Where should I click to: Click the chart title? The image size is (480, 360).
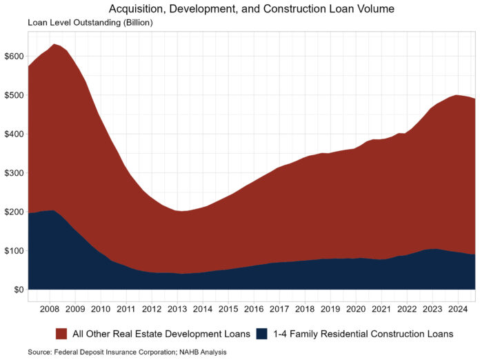pos(251,9)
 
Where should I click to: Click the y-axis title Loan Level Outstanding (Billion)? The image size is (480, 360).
pos(90,23)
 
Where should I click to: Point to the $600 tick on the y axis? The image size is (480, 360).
pos(14,56)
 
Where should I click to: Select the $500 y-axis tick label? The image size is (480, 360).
pos(14,94)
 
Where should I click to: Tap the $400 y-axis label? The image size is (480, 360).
pos(14,134)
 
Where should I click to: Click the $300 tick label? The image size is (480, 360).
pos(14,172)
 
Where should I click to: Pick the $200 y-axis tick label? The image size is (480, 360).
pos(14,212)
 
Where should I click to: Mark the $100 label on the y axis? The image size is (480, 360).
pos(14,250)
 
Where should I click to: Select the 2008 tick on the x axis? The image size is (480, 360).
pos(50,308)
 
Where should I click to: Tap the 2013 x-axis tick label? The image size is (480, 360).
pos(177,308)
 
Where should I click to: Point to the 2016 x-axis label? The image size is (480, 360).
pos(254,308)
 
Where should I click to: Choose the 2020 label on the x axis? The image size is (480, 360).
pos(356,308)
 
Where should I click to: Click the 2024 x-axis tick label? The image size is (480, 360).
pos(457,308)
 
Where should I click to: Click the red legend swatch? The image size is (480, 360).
pos(61,334)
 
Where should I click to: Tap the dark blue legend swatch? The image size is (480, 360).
pos(261,334)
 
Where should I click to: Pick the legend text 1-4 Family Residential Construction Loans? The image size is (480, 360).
pos(363,334)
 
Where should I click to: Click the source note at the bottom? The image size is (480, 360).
pos(127,352)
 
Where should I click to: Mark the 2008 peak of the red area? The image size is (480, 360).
pos(54,45)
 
